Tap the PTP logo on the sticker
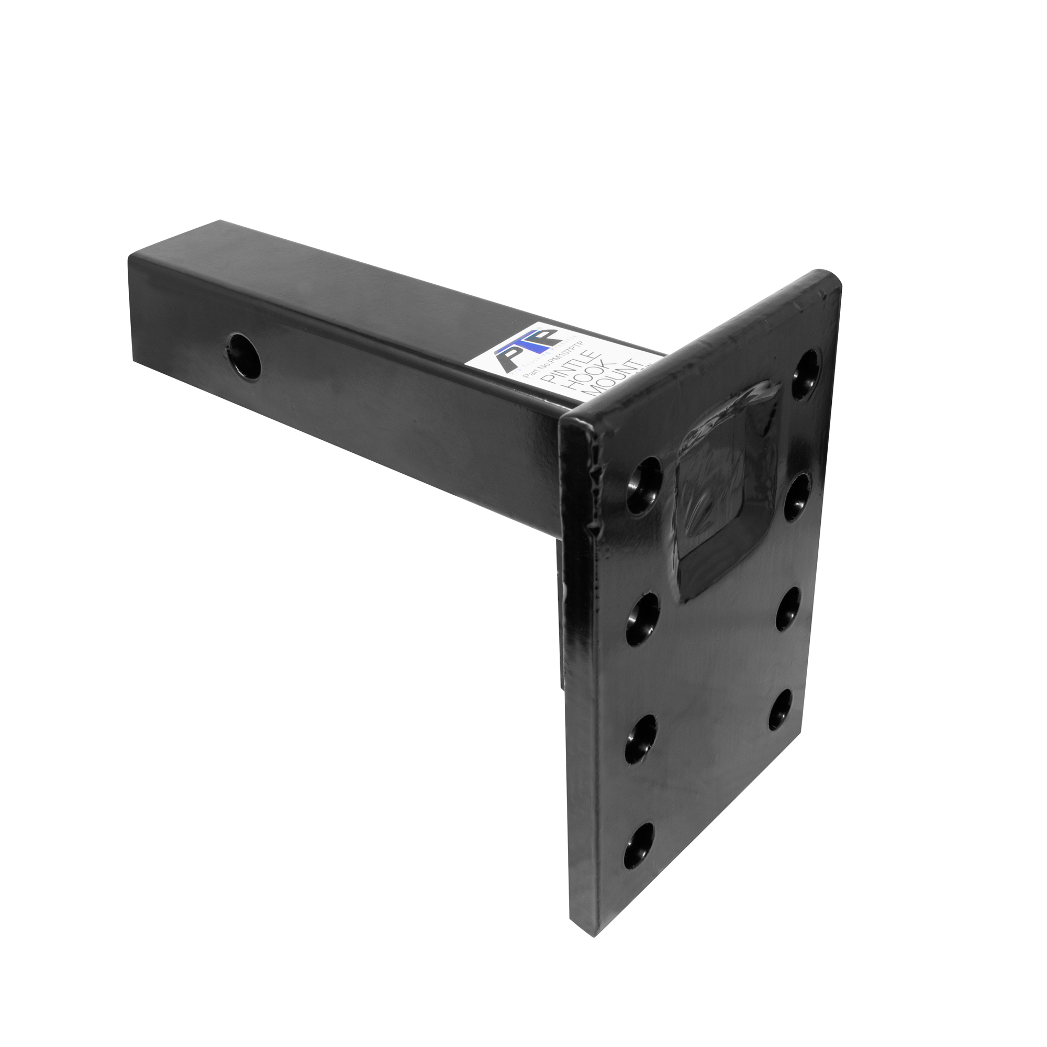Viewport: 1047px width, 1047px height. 523,350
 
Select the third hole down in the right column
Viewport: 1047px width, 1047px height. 789,609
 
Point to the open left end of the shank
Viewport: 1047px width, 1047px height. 132,309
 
